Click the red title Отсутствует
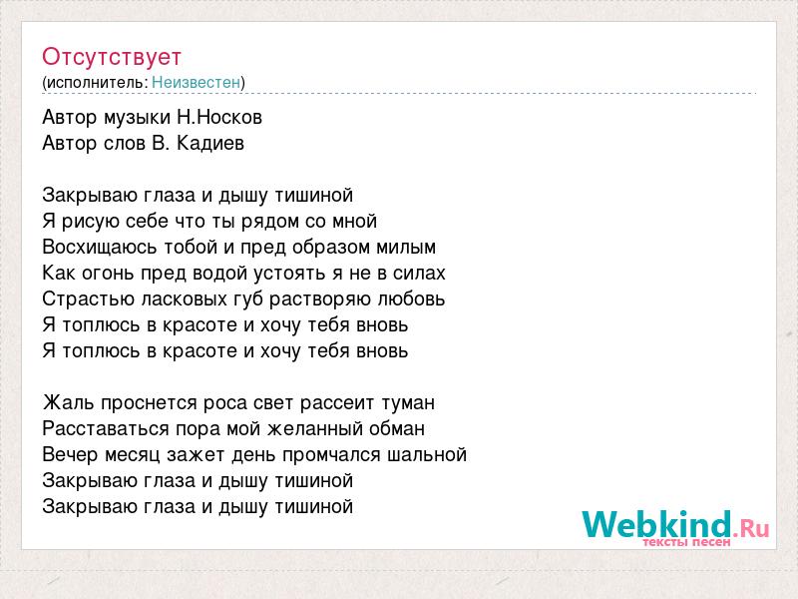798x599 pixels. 112,57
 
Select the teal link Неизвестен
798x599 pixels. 196,82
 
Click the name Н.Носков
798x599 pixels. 219,117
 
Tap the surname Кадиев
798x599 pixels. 210,143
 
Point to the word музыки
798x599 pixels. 137,118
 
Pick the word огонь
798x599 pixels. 106,274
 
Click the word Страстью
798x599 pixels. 88,299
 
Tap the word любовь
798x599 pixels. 411,299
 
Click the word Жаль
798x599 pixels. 69,403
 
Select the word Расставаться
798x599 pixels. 106,429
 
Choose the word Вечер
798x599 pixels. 70,455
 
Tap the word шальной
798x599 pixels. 427,455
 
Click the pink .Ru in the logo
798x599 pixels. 751,529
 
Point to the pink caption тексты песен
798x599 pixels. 686,542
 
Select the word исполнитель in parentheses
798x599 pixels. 97,83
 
